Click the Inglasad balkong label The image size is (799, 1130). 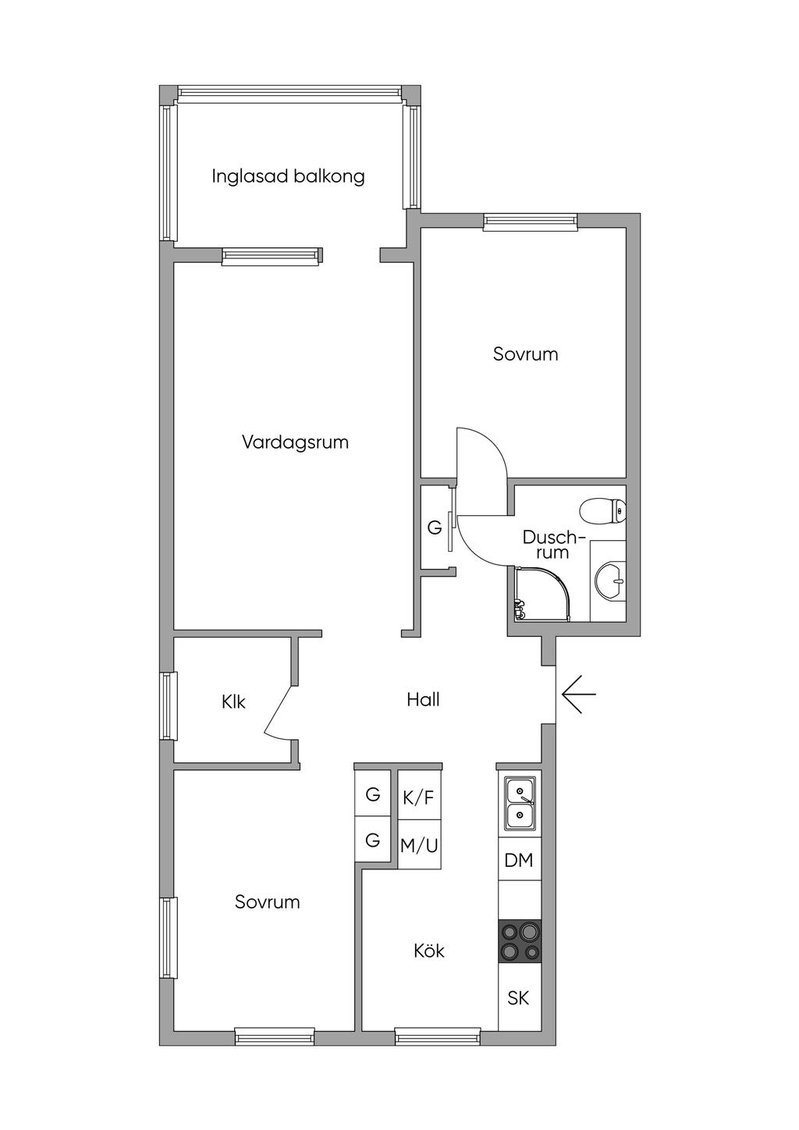click(288, 176)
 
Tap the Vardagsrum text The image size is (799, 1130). click(295, 442)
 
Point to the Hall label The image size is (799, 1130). click(423, 700)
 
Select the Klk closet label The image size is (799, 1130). click(233, 702)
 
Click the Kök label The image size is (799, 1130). click(429, 951)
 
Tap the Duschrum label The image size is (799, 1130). click(553, 545)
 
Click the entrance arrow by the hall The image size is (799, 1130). click(578, 694)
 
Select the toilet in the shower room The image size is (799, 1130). click(603, 512)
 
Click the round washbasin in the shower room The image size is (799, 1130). click(609, 581)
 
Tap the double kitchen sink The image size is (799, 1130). click(520, 803)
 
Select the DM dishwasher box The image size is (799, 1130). click(519, 860)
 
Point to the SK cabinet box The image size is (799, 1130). click(519, 997)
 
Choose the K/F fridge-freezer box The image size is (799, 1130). click(418, 797)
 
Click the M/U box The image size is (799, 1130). click(419, 844)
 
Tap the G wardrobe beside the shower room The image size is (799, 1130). click(435, 528)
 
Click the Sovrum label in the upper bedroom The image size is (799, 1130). click(525, 354)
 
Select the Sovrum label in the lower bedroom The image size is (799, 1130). click(268, 902)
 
